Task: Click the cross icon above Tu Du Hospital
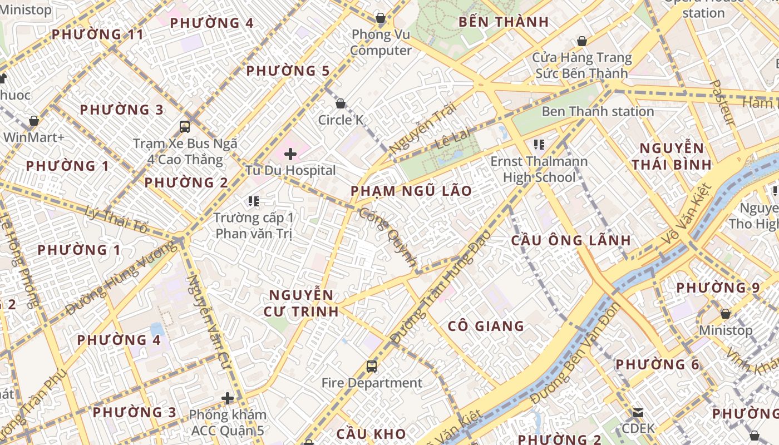290,154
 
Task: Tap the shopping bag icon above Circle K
341,103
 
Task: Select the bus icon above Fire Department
372,367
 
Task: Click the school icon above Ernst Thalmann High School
539,145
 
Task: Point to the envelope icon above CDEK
638,413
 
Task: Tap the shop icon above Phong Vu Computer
381,18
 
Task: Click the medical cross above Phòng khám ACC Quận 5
228,398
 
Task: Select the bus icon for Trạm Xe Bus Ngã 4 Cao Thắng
185,127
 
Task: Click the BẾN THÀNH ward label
504,22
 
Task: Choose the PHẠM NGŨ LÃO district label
411,191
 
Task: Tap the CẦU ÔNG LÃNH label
571,240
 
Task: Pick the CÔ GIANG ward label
486,326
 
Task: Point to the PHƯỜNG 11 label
97,34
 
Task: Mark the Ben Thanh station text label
598,111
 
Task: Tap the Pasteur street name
723,103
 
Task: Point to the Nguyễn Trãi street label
422,129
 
